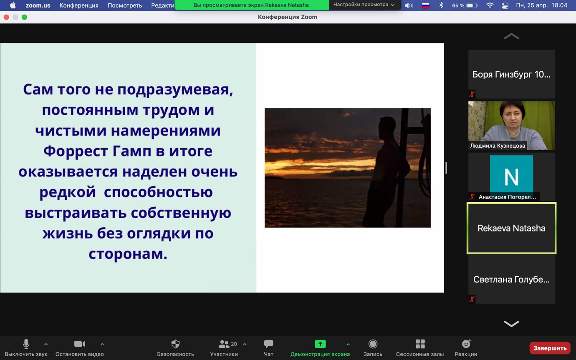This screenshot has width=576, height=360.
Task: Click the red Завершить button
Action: [x=550, y=348]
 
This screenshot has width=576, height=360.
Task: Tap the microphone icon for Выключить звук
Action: [x=26, y=344]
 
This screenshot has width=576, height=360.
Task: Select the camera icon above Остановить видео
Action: [x=79, y=344]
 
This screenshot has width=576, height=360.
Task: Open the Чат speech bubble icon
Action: [x=268, y=344]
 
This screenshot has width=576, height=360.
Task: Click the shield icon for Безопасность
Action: [x=175, y=344]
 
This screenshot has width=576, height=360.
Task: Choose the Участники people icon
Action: [x=224, y=344]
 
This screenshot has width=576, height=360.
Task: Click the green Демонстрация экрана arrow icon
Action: [x=320, y=344]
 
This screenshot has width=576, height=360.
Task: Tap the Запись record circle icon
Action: [x=373, y=344]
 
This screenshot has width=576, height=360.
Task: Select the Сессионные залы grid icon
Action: [x=420, y=344]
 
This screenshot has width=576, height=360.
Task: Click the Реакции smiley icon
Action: [x=466, y=344]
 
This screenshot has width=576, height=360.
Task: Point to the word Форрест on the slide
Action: [x=76, y=151]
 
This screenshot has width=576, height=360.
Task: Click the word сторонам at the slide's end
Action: [x=128, y=254]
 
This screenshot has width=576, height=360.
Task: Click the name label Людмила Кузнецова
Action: [x=497, y=146]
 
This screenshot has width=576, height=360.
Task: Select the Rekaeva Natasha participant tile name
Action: [x=511, y=228]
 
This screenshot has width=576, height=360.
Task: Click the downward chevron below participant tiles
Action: [x=511, y=324]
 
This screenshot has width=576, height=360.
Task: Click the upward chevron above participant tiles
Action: [x=511, y=36]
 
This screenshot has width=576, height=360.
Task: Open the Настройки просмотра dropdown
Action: [x=364, y=5]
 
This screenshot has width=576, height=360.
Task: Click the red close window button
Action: [x=6, y=17]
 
